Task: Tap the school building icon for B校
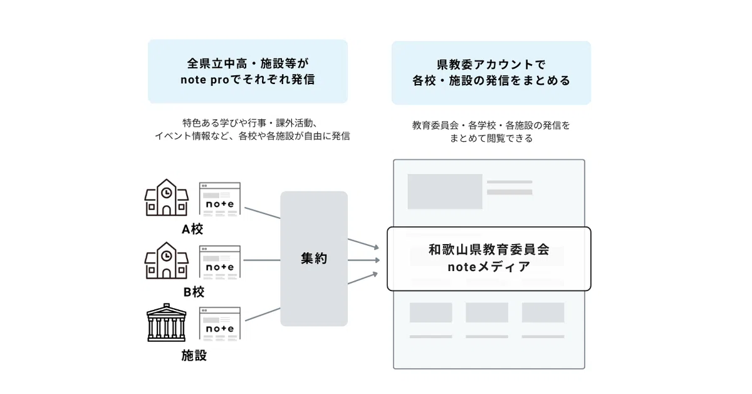(x=166, y=260)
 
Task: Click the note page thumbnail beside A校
(x=219, y=199)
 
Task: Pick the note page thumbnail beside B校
(x=219, y=262)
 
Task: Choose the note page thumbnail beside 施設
(x=219, y=323)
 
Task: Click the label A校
(x=192, y=230)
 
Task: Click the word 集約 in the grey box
(x=314, y=258)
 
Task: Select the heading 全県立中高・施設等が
(x=248, y=63)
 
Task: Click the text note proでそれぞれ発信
(x=248, y=80)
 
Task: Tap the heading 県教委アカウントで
(x=491, y=64)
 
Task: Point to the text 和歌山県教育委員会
(x=489, y=250)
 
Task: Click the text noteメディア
(x=489, y=267)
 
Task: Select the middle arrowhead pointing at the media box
(x=376, y=260)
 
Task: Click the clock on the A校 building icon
(x=166, y=193)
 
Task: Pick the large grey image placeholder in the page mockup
(x=444, y=191)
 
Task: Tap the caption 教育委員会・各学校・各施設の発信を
(x=491, y=125)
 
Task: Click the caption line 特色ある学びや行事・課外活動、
(x=252, y=122)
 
